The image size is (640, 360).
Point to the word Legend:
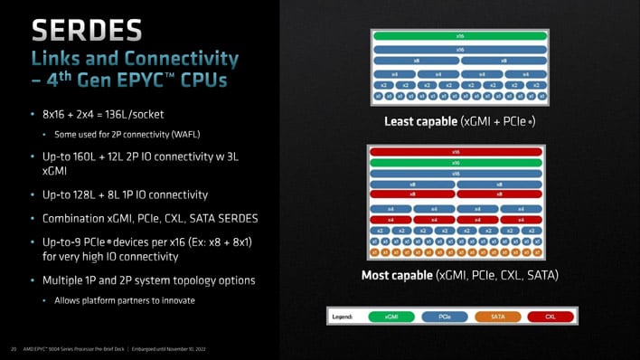(x=347, y=317)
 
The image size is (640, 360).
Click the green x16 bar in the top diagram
(x=460, y=36)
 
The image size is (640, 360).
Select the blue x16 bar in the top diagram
(x=460, y=49)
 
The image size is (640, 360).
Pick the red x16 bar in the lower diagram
(x=455, y=152)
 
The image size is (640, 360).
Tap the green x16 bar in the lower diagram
(x=455, y=162)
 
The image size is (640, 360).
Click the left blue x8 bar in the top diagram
(x=417, y=62)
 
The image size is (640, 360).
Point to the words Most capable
(x=396, y=274)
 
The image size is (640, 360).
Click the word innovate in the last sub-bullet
(x=176, y=300)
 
